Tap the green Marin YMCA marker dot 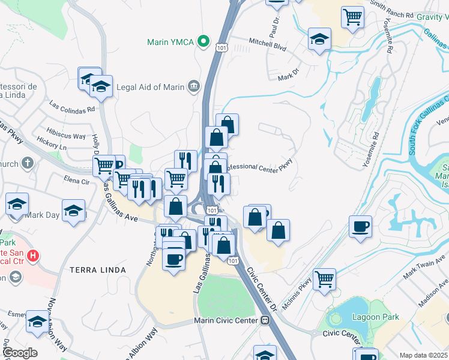coord(204,42)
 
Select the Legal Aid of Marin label coord(150,86)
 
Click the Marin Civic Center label coord(227,320)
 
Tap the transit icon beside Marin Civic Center coord(265,320)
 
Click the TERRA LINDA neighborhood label coord(98,270)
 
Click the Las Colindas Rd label coord(73,109)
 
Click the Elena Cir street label coord(77,180)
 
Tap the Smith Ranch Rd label coord(392,11)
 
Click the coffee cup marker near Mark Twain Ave coord(360,227)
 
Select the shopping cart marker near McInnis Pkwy coord(325,278)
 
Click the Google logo coord(19,353)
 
